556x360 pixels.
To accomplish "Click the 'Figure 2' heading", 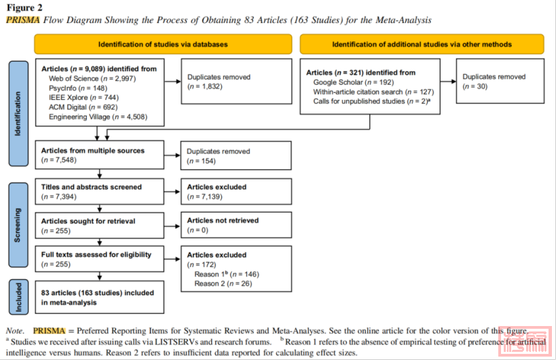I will [26, 7].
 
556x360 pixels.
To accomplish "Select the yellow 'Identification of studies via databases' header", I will [163, 44].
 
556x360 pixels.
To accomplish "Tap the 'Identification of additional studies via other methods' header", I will [422, 44].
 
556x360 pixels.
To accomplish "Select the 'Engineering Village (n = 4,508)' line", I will [98, 117].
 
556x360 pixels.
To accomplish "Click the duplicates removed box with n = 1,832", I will [236, 82].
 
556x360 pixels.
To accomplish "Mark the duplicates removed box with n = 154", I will [236, 156].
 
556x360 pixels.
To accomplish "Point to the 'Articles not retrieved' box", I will [236, 225].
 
